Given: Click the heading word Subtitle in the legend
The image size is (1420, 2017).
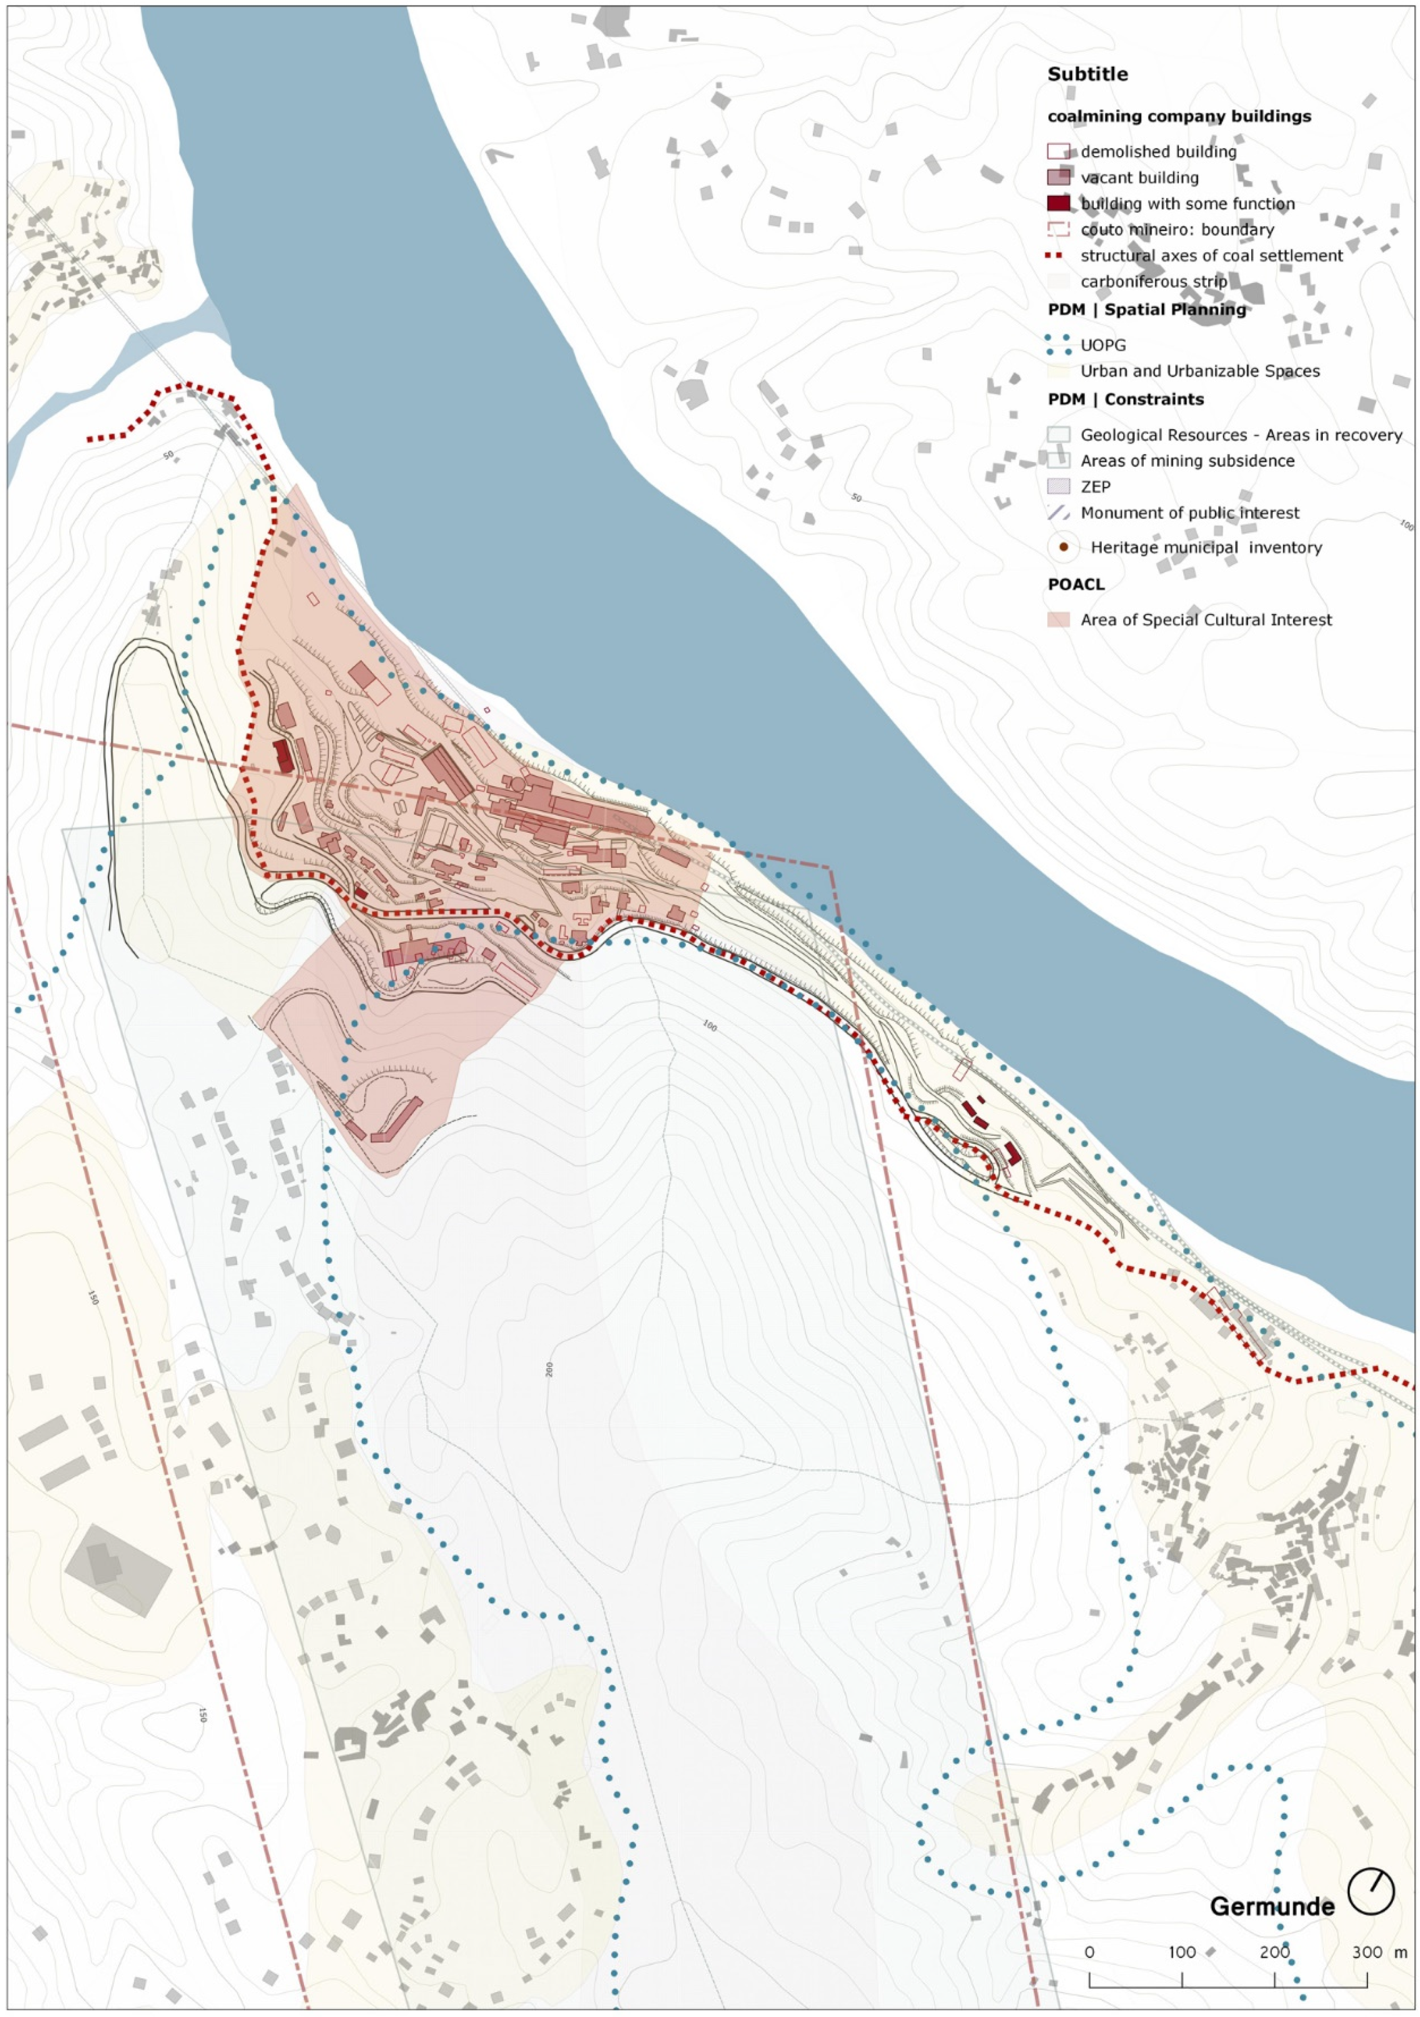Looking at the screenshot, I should [x=1087, y=74].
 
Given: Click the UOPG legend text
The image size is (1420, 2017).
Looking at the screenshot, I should [x=1103, y=345].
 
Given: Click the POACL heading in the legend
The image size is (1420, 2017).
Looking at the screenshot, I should [x=1076, y=584].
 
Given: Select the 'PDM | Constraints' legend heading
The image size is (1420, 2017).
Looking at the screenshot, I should [x=1125, y=399].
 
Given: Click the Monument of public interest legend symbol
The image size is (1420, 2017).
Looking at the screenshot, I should [x=1058, y=513].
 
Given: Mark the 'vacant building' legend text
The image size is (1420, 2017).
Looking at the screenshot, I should [x=1139, y=177].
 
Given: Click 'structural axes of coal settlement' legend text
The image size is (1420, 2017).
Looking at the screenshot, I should [x=1211, y=255].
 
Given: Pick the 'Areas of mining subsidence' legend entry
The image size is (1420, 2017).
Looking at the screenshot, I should [x=1187, y=460].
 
